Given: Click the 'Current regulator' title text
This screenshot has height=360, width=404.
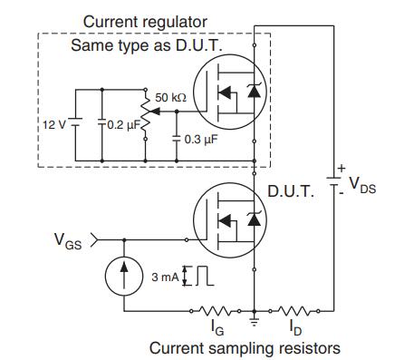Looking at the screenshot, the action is pos(145,23).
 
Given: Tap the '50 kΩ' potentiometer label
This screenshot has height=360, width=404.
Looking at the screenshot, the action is pos(170,98).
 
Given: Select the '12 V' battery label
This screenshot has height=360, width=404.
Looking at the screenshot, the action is pos(53,124).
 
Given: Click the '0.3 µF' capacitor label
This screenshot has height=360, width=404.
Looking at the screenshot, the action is pos(201,140).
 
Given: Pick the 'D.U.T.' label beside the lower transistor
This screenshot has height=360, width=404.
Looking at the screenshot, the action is pos(291,190).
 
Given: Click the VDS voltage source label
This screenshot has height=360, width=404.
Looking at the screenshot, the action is pos(362,185).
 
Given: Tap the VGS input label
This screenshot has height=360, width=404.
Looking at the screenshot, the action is pos(68,241).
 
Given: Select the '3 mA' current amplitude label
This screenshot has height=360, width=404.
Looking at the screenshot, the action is pos(165,277).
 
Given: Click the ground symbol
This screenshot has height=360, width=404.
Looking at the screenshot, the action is pos(255,321).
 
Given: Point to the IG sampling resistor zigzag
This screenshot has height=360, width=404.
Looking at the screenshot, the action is pos(215,310).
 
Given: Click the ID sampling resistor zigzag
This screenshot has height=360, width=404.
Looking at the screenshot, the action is pos(293,310).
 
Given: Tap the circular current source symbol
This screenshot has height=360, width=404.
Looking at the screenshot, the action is pos(124,276).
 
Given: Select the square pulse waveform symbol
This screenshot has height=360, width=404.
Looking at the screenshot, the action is pos(205,276).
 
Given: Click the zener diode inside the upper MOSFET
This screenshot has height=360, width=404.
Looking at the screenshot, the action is pos(254,91).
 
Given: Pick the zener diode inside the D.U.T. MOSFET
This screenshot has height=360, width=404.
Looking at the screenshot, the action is pos(254,219).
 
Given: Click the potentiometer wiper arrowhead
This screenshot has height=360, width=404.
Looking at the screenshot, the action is pos(155,112).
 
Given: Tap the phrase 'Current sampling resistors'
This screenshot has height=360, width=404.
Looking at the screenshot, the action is pos(245,348).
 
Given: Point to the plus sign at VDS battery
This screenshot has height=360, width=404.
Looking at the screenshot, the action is pos(341,169).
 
